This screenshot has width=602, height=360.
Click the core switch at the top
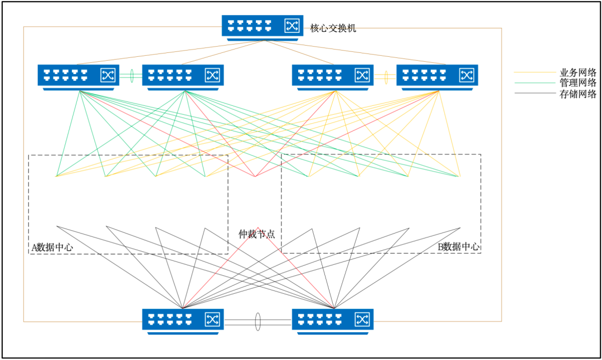[262, 26]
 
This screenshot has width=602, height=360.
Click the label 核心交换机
[333, 28]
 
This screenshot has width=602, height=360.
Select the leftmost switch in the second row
[78, 76]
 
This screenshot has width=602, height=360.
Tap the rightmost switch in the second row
[437, 76]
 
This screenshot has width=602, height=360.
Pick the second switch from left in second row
[183, 76]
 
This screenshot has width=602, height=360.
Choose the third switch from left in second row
[333, 76]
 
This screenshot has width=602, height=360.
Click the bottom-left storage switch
[183, 320]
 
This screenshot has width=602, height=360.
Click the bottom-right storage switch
[333, 320]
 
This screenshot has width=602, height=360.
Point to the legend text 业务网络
[578, 72]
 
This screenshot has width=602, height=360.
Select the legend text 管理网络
[578, 83]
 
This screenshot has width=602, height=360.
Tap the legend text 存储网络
[578, 94]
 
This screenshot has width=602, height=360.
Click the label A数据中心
[52, 246]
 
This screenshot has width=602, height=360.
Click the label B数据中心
[459, 246]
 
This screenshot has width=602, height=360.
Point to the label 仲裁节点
[257, 235]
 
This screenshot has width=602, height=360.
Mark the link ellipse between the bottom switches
[258, 322]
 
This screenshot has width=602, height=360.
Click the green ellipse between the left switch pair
[132, 76]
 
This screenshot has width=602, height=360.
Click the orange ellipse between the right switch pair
[385, 76]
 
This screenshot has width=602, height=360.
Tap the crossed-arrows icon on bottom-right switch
[362, 319]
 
